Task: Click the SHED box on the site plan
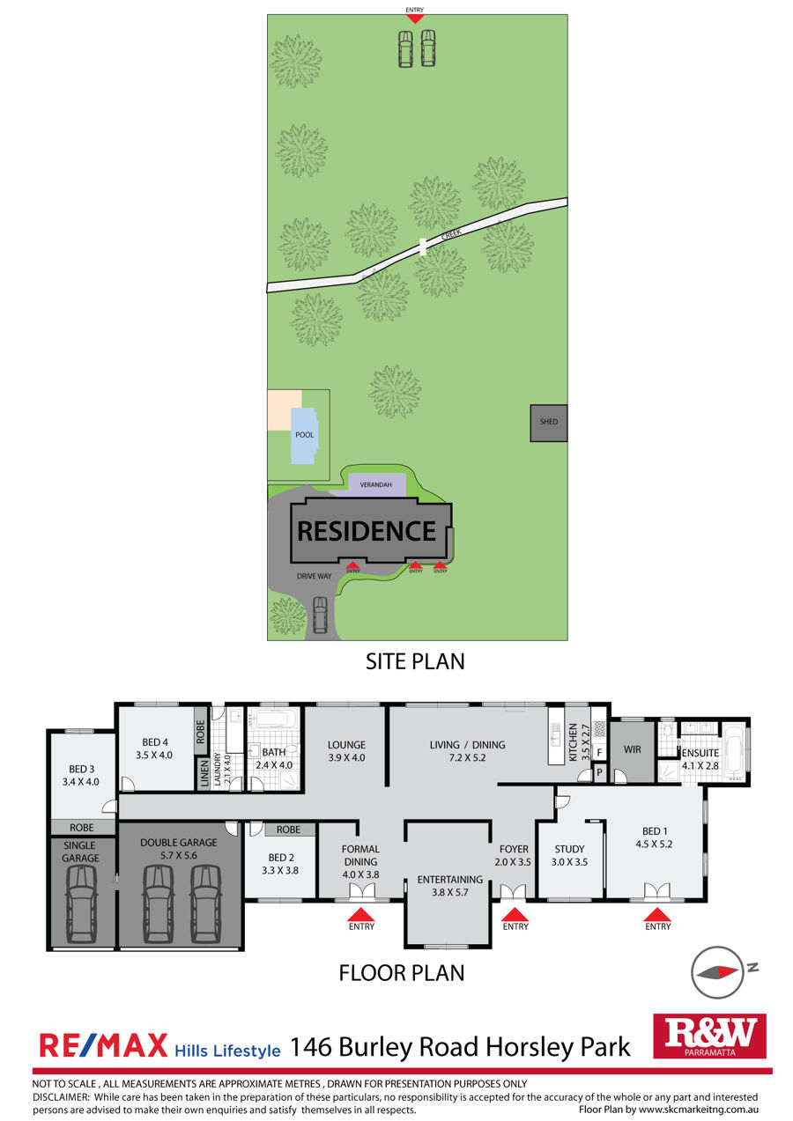coord(548,423)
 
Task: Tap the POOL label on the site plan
coord(304,434)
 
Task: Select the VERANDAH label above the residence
coord(375,484)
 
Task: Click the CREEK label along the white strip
coord(451,233)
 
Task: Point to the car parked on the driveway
coord(320,615)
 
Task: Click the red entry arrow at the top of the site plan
coord(414,19)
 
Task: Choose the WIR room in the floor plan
coord(632,749)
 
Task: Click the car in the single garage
coord(81,903)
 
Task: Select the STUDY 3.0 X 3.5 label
coord(569,855)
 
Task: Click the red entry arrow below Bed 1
coord(656,915)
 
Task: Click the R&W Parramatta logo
coord(709,1036)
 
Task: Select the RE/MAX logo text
coord(103,1045)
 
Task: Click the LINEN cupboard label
coord(204,774)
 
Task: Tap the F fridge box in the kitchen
coord(599,752)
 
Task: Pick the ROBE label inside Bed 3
coord(82,827)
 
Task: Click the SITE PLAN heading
coord(415,661)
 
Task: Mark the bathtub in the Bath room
coord(274,719)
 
